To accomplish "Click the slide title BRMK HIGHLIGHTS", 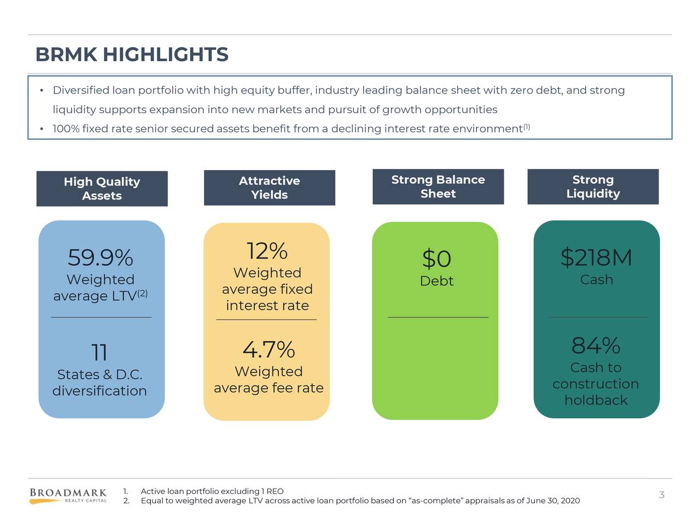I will point(132,55).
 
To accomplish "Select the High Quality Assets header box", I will point(102,189).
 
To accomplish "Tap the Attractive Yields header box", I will point(269,188).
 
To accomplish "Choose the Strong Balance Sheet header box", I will point(437,186).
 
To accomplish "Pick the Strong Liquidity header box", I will point(593,186).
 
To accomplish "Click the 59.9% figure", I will point(100,258).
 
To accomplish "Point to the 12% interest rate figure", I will point(267,252).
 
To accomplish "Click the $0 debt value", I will point(436,259).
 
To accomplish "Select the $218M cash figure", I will point(596,258).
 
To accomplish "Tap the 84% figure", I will point(596,346).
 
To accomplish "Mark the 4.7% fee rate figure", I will point(269,349).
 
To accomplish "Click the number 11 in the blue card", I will point(99,353).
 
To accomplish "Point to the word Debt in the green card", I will point(436,281).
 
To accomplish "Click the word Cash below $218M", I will point(596,280).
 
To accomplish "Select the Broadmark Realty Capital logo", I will point(68,495).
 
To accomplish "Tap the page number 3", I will point(661,495).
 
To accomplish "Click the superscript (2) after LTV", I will point(142,294).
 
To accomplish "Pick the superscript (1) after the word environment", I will point(526,127).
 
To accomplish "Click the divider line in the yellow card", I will point(266,319).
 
